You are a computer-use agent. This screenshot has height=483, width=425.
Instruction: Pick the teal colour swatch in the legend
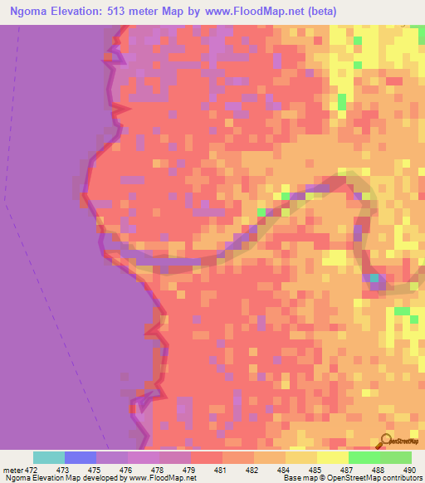click(49, 457)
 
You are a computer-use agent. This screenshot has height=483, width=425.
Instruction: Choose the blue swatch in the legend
click(81, 457)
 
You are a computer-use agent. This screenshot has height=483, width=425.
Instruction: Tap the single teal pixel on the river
click(374, 278)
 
